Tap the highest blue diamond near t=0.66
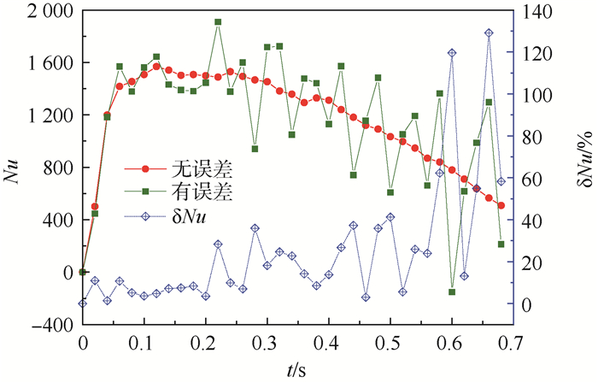489,33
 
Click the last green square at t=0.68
501,245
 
